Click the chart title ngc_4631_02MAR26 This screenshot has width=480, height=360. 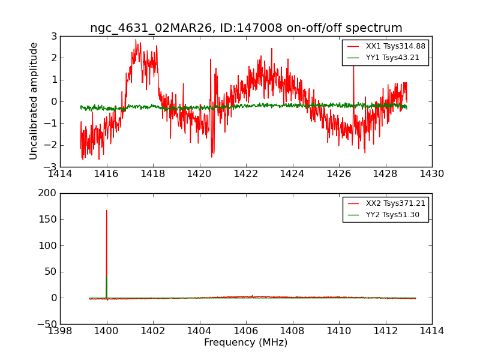[246, 28]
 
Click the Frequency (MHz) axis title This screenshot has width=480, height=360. [246, 343]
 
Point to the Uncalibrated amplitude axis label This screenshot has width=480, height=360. [34, 101]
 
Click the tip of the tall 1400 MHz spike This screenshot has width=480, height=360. [107, 211]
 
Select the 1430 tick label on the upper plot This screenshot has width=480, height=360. [431, 173]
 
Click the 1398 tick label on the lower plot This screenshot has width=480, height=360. [60, 331]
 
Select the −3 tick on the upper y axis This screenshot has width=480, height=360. [52, 167]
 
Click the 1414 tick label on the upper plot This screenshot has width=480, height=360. [60, 173]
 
